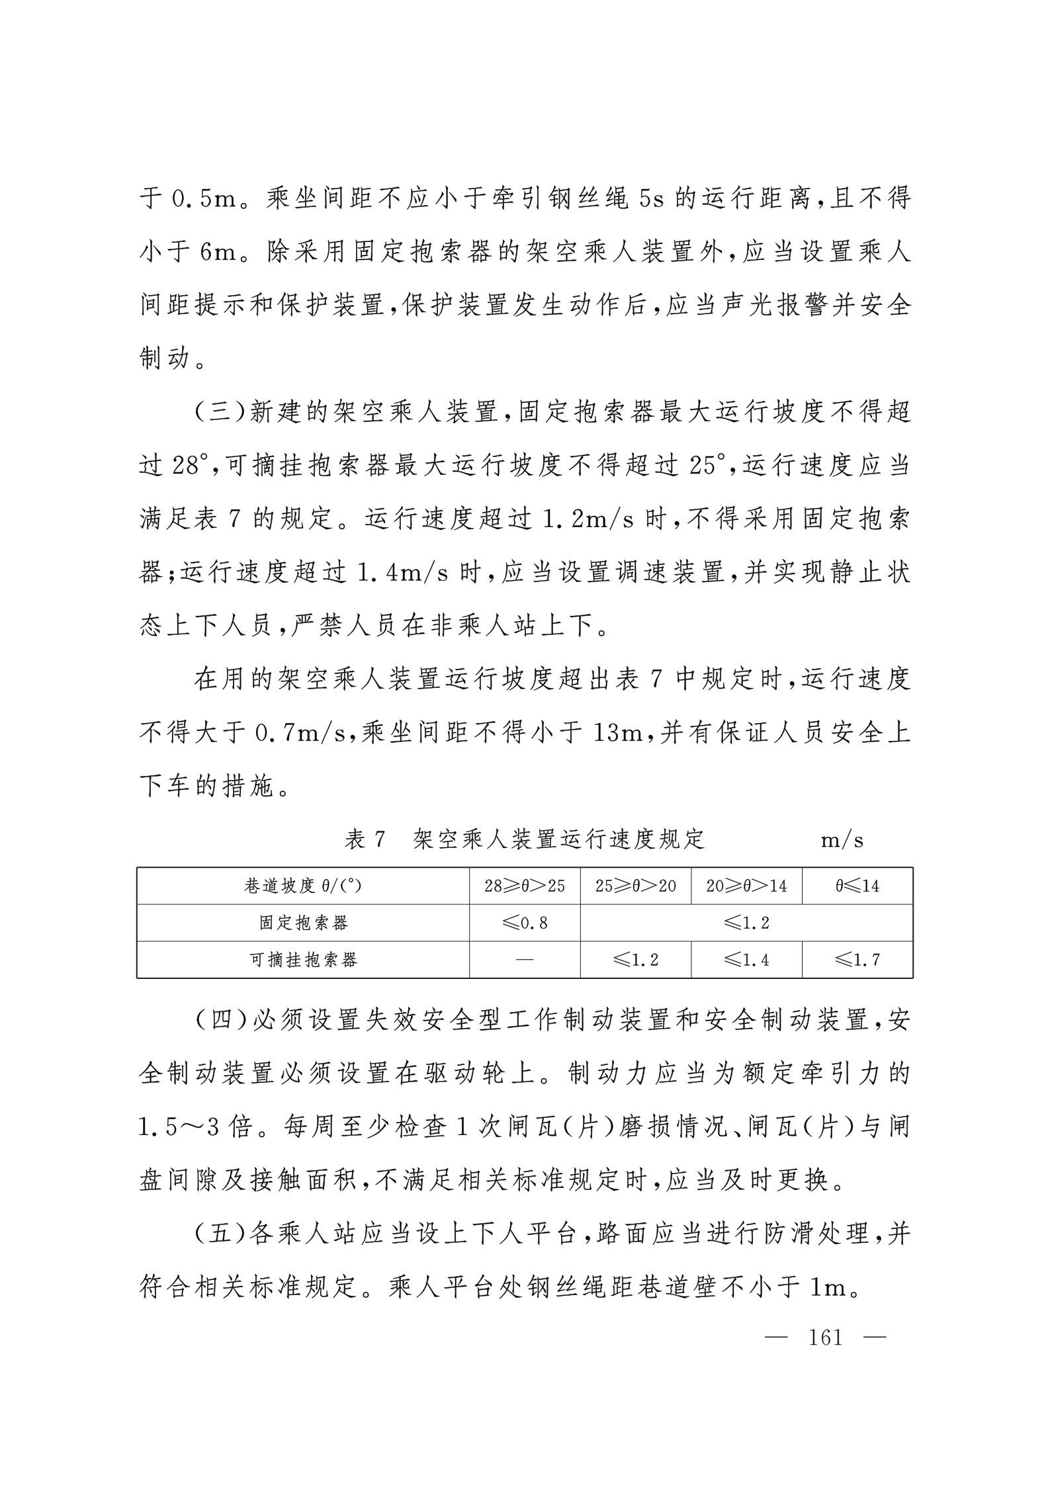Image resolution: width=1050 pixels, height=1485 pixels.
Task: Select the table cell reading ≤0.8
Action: point(525,923)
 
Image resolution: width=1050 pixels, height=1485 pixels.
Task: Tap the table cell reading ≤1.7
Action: point(857,960)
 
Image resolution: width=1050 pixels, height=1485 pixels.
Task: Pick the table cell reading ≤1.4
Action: point(746,960)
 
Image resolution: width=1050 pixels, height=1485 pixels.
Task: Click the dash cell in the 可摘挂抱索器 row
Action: point(525,960)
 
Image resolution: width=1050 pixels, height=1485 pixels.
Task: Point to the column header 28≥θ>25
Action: point(525,886)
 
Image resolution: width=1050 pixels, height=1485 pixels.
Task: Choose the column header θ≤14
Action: point(857,886)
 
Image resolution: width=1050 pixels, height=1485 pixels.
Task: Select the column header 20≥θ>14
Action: point(746,886)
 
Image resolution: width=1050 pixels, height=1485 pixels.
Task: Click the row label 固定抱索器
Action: point(303,923)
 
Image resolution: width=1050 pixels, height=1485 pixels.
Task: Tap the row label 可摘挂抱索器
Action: point(303,960)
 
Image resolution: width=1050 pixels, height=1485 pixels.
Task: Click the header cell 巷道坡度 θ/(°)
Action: point(303,886)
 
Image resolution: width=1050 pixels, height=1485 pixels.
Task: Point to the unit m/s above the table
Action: point(842,840)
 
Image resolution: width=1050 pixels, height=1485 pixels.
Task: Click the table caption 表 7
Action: point(365,839)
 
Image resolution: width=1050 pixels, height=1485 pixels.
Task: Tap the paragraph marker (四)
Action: point(221,1019)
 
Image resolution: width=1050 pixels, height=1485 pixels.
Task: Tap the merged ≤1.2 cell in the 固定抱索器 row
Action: point(746,923)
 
